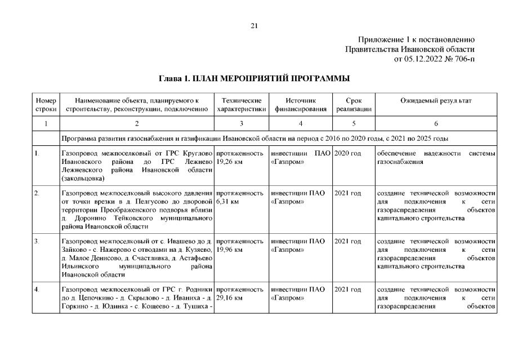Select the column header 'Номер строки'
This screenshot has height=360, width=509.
46,104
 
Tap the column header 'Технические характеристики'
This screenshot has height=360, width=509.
241,104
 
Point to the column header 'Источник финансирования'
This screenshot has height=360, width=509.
301,104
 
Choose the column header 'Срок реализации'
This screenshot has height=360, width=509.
354,104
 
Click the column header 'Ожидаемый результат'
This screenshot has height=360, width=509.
436,100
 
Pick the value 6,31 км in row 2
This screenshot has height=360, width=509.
226,201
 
